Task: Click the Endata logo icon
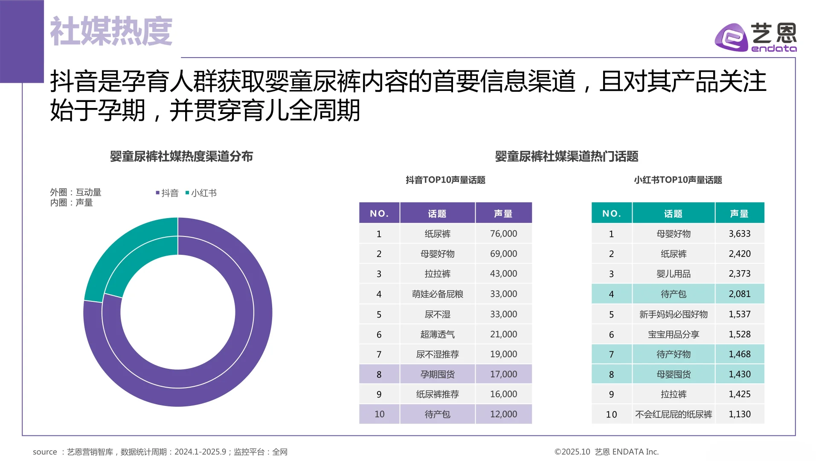pyautogui.click(x=731, y=38)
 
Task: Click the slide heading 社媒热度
pyautogui.click(x=111, y=31)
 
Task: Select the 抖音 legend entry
pyautogui.click(x=167, y=193)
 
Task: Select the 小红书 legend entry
pyautogui.click(x=201, y=193)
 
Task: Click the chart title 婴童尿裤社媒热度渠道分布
pyautogui.click(x=181, y=156)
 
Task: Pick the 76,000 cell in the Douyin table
pyautogui.click(x=503, y=233)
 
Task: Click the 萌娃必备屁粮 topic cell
pyautogui.click(x=437, y=294)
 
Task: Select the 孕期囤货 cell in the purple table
pyautogui.click(x=437, y=374)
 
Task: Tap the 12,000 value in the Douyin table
pyautogui.click(x=503, y=414)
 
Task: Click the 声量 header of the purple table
pyautogui.click(x=503, y=213)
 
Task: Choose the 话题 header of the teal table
pyautogui.click(x=673, y=213)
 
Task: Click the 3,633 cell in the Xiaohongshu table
pyautogui.click(x=739, y=233)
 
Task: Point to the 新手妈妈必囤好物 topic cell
pyautogui.click(x=673, y=314)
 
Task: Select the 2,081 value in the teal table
pyautogui.click(x=739, y=294)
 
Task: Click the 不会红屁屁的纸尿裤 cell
pyautogui.click(x=673, y=414)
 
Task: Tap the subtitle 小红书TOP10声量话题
pyautogui.click(x=677, y=180)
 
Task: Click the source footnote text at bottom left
pyautogui.click(x=160, y=452)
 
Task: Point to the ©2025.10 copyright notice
pyautogui.click(x=606, y=452)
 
